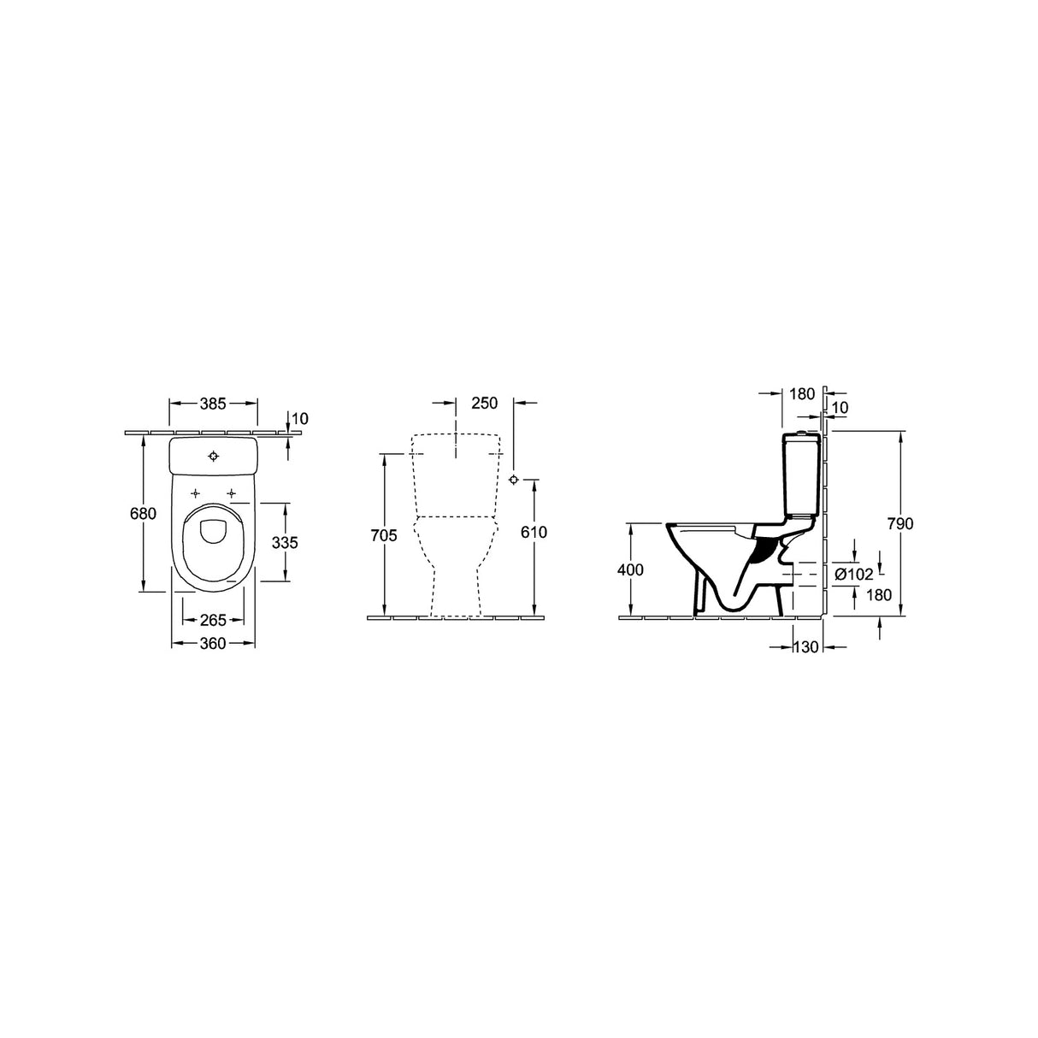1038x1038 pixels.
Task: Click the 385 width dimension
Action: click(x=214, y=404)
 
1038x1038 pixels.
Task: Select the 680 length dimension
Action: click(x=144, y=514)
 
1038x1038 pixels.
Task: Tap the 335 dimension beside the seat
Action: click(x=285, y=542)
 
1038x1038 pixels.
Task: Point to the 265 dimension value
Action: click(x=214, y=620)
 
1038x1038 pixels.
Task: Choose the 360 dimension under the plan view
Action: click(x=213, y=643)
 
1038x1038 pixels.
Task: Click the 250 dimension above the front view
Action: click(x=484, y=404)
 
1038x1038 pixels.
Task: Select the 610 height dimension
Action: click(x=534, y=532)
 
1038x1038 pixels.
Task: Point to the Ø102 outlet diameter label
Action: click(x=853, y=575)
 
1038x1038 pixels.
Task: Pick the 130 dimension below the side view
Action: click(x=806, y=648)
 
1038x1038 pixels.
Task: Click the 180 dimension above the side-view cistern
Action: click(x=802, y=394)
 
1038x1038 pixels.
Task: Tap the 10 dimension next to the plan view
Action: click(x=299, y=418)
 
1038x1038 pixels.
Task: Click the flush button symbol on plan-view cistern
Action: click(x=214, y=456)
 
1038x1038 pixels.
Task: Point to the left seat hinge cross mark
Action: click(x=196, y=493)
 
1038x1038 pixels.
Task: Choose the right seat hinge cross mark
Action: click(x=231, y=493)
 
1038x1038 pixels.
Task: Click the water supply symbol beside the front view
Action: click(x=513, y=479)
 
